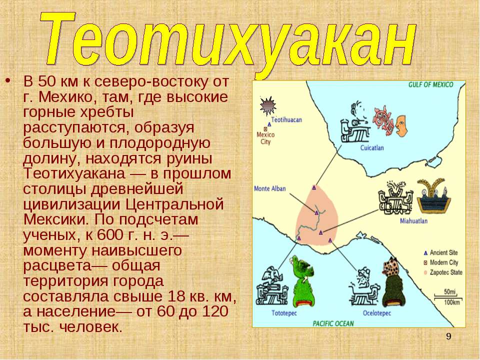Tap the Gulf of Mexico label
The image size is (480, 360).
tap(430, 85)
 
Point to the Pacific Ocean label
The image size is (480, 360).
tap(333, 323)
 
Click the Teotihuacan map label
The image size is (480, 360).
tap(286, 119)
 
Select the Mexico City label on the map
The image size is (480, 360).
tap(265, 138)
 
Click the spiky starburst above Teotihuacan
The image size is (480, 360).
tap(268, 106)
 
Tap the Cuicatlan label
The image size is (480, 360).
tap(372, 148)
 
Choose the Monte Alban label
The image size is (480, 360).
tap(269, 188)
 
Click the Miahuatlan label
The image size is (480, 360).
tap(413, 220)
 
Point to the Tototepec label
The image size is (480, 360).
tap(284, 313)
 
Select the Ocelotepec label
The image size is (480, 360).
tap(377, 313)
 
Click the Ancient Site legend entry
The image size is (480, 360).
tap(440, 253)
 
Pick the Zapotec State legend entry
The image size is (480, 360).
tap(443, 272)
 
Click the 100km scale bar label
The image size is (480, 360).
tap(452, 302)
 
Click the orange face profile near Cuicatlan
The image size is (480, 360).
tap(401, 125)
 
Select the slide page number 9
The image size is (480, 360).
tap(448, 336)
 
